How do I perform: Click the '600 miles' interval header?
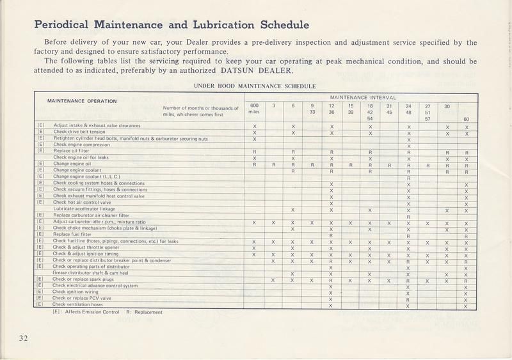pyautogui.click(x=254, y=109)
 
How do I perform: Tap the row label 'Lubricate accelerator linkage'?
pyautogui.click(x=84, y=208)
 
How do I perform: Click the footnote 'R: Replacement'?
pyautogui.click(x=145, y=312)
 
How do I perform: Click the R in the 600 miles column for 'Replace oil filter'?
pyautogui.click(x=254, y=152)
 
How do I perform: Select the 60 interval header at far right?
pyautogui.click(x=467, y=119)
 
